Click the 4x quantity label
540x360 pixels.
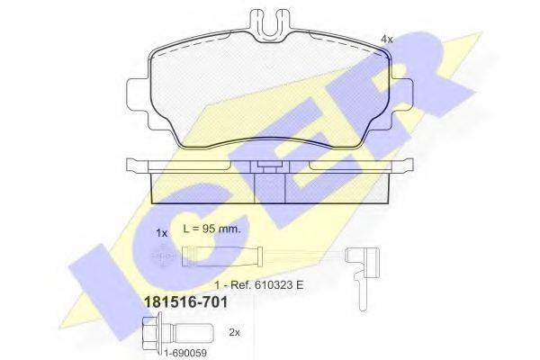coord(388,39)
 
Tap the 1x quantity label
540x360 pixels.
coord(162,233)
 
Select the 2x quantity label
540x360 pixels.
coord(235,332)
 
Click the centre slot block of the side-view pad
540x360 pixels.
coord(271,186)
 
